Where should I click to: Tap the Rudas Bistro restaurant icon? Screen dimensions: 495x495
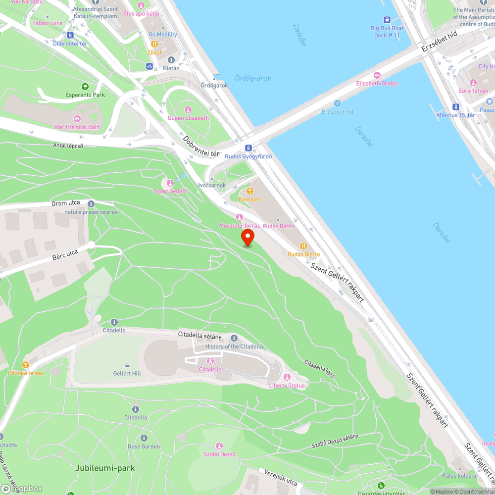click(x=303, y=246)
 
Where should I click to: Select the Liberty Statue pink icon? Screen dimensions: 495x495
click(x=287, y=377)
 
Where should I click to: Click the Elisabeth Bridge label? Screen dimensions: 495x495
click(x=377, y=83)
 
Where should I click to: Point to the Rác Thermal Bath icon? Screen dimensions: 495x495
click(x=77, y=119)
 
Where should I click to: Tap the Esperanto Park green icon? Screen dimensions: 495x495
click(x=85, y=87)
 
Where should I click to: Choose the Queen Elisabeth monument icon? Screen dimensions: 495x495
click(x=188, y=109)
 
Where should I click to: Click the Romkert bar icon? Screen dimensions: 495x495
click(x=250, y=191)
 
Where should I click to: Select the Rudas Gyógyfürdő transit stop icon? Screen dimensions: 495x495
click(x=248, y=148)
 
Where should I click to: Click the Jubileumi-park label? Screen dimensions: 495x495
click(x=105, y=468)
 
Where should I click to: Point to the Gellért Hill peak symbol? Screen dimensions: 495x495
click(x=127, y=365)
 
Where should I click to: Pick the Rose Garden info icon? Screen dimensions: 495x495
click(x=144, y=438)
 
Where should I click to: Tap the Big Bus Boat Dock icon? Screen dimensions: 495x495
click(x=387, y=20)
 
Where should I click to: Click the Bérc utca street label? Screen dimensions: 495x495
click(x=65, y=255)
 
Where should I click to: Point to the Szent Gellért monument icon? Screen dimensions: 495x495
click(x=171, y=183)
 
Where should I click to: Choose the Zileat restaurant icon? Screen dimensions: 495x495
click(x=154, y=44)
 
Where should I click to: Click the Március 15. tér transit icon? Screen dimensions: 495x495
click(x=455, y=106)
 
